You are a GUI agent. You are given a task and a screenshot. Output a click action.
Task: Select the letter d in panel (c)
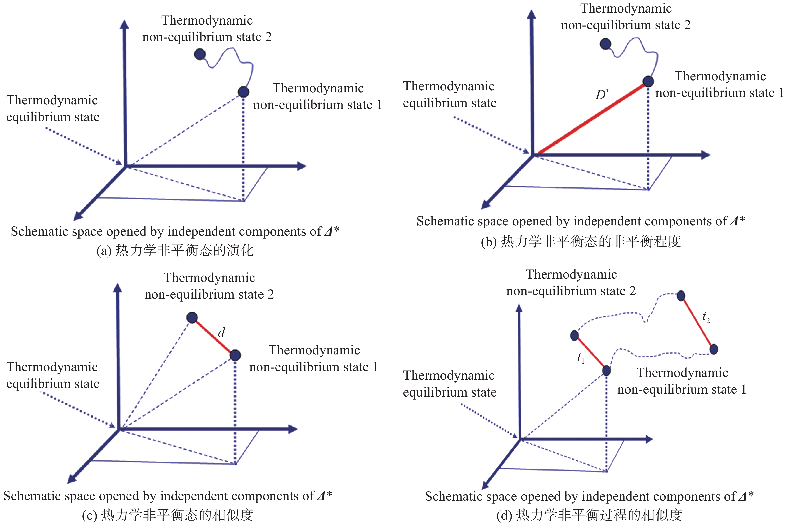(221, 332)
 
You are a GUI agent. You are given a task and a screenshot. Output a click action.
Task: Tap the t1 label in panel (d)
(581, 358)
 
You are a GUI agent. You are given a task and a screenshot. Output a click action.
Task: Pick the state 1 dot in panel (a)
(243, 92)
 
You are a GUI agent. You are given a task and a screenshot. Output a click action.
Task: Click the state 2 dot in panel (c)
(192, 317)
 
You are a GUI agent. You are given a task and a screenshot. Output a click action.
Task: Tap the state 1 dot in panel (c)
(235, 355)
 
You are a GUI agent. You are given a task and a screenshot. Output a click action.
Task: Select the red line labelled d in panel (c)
(213, 336)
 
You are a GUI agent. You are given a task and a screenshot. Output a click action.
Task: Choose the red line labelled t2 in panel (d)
(697, 322)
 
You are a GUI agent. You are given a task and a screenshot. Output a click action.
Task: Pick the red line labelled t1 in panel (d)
(590, 353)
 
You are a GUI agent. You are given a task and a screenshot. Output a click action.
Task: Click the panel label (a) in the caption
(103, 251)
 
